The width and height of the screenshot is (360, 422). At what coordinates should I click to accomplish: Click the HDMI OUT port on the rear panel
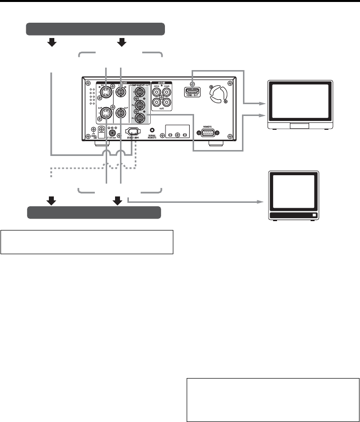[193, 91]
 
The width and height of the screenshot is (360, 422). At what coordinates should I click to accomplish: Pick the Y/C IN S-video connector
[106, 91]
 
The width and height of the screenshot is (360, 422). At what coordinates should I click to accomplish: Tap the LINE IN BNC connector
[120, 91]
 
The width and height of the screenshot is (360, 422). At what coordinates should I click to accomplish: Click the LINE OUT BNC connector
[120, 114]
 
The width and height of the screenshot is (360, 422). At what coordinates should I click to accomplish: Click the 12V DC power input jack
[113, 133]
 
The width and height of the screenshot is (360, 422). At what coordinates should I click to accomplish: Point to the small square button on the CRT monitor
[314, 216]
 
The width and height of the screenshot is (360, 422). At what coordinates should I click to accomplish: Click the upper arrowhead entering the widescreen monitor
[263, 104]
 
